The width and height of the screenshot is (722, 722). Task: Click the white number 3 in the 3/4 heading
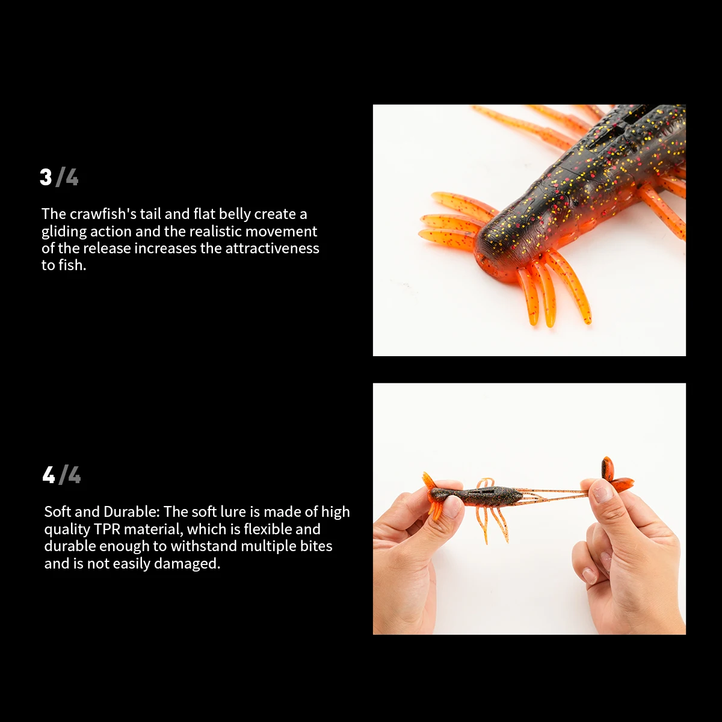pos(46,177)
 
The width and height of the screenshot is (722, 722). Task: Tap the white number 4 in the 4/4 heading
pos(49,475)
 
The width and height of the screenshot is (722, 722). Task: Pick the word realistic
pos(215,232)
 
